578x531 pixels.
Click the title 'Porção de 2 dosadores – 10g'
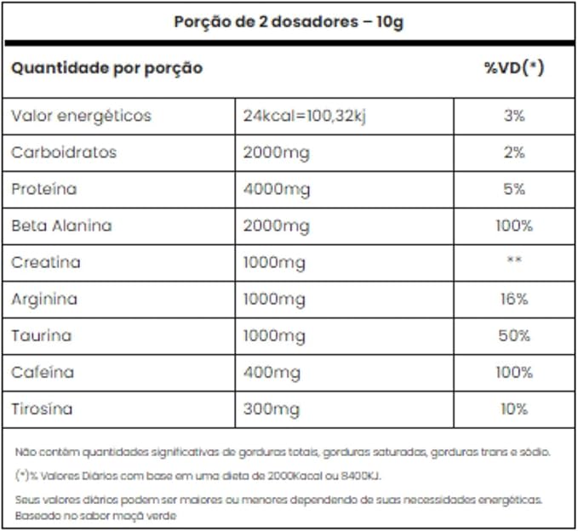tap(289, 22)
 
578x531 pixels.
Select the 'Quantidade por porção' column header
tap(106, 68)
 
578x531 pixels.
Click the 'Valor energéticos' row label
tap(81, 116)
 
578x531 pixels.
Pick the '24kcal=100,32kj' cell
tap(304, 116)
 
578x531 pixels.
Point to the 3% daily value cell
tap(514, 116)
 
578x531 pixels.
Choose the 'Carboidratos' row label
tap(64, 152)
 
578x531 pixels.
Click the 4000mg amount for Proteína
tap(276, 189)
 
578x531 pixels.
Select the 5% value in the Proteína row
tap(514, 189)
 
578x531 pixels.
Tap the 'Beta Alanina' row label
tap(61, 226)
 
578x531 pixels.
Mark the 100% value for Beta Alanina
tap(514, 226)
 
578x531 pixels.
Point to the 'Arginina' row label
tap(44, 299)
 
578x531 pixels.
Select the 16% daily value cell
tap(514, 299)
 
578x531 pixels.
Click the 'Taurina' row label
tap(42, 335)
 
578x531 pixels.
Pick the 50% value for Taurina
tap(514, 335)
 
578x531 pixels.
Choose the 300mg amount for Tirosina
tap(272, 409)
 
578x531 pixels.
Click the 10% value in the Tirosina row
tap(514, 409)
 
